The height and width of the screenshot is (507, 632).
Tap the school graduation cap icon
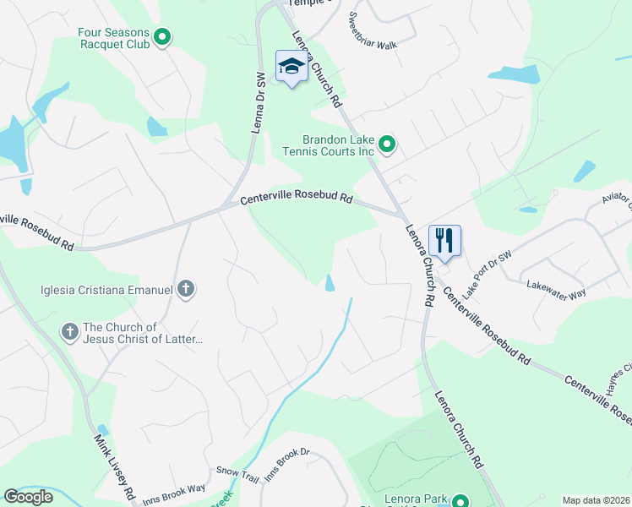[x=291, y=67]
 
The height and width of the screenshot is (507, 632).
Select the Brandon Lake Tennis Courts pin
[x=387, y=146]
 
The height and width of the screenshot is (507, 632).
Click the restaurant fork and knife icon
[x=444, y=241]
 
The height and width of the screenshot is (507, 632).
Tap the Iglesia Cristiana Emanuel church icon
[x=186, y=290]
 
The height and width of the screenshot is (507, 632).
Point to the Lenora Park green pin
[x=461, y=501]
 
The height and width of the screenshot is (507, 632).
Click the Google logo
[x=28, y=496]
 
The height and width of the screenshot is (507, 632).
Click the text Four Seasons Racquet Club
[x=113, y=38]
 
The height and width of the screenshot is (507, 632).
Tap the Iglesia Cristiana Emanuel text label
[x=106, y=290]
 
